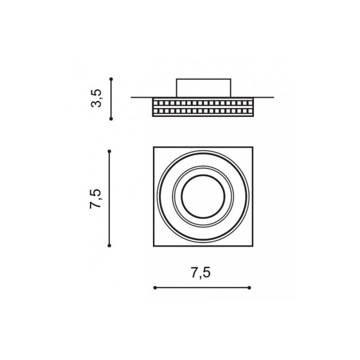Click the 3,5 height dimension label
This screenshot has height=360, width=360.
pos(96,98)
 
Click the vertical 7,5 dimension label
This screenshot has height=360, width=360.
pos(95,199)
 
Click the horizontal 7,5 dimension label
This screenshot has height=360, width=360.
pos(201,273)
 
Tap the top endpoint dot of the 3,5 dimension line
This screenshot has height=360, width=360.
pos(111,79)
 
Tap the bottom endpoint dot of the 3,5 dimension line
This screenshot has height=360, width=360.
pos(111,119)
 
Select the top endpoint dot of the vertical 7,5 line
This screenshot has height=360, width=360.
pos(109,151)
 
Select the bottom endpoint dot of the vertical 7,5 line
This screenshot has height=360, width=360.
pos(109,245)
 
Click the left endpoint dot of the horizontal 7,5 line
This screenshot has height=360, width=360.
pos(155,287)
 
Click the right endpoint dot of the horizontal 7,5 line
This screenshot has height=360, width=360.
pos(250,287)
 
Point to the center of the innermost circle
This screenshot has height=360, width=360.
pos(203,197)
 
